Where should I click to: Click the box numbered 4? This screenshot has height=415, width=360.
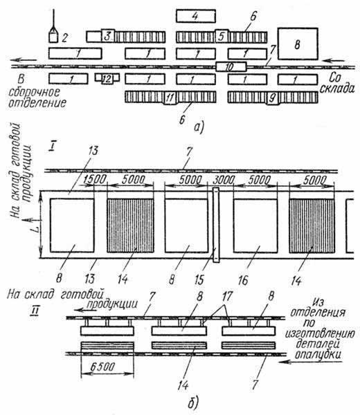coord(196,16)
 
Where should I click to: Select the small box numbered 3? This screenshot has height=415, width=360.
coord(108,35)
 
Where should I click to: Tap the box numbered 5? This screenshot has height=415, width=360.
coord(222,36)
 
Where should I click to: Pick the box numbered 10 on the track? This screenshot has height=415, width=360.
coord(231,66)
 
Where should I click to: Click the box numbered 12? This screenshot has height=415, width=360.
coord(107,79)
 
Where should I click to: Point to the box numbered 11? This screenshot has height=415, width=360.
coord(170,98)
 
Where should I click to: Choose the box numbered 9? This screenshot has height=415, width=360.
coord(273,98)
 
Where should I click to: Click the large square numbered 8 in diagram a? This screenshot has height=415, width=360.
coord(298,44)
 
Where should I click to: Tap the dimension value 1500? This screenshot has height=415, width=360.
coord(95,179)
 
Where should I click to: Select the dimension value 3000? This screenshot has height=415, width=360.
coord(224,181)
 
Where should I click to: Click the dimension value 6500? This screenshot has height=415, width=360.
coord(102,367)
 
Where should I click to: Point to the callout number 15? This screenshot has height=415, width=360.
coord(199,279)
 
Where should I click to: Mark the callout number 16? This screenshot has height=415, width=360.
coord(243,280)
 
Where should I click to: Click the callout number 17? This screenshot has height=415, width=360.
coord(227,297)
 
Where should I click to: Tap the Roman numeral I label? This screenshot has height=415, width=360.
coord(52,146)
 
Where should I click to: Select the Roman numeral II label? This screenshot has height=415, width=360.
coord(35,311)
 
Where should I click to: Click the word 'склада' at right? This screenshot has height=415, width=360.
coord(336,89)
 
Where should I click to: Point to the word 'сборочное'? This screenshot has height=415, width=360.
coord(35,93)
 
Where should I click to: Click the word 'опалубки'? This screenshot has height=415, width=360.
coord(318,355)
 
